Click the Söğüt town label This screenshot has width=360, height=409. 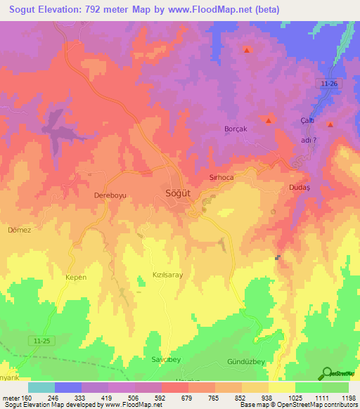176,193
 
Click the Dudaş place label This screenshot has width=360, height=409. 300,188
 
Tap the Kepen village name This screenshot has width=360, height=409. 75,277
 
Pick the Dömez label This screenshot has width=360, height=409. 20,230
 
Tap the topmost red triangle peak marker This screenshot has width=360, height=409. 247,50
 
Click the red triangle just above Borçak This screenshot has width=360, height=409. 269,120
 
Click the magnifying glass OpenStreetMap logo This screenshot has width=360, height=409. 326,373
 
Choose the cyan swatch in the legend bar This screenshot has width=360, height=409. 41,387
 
